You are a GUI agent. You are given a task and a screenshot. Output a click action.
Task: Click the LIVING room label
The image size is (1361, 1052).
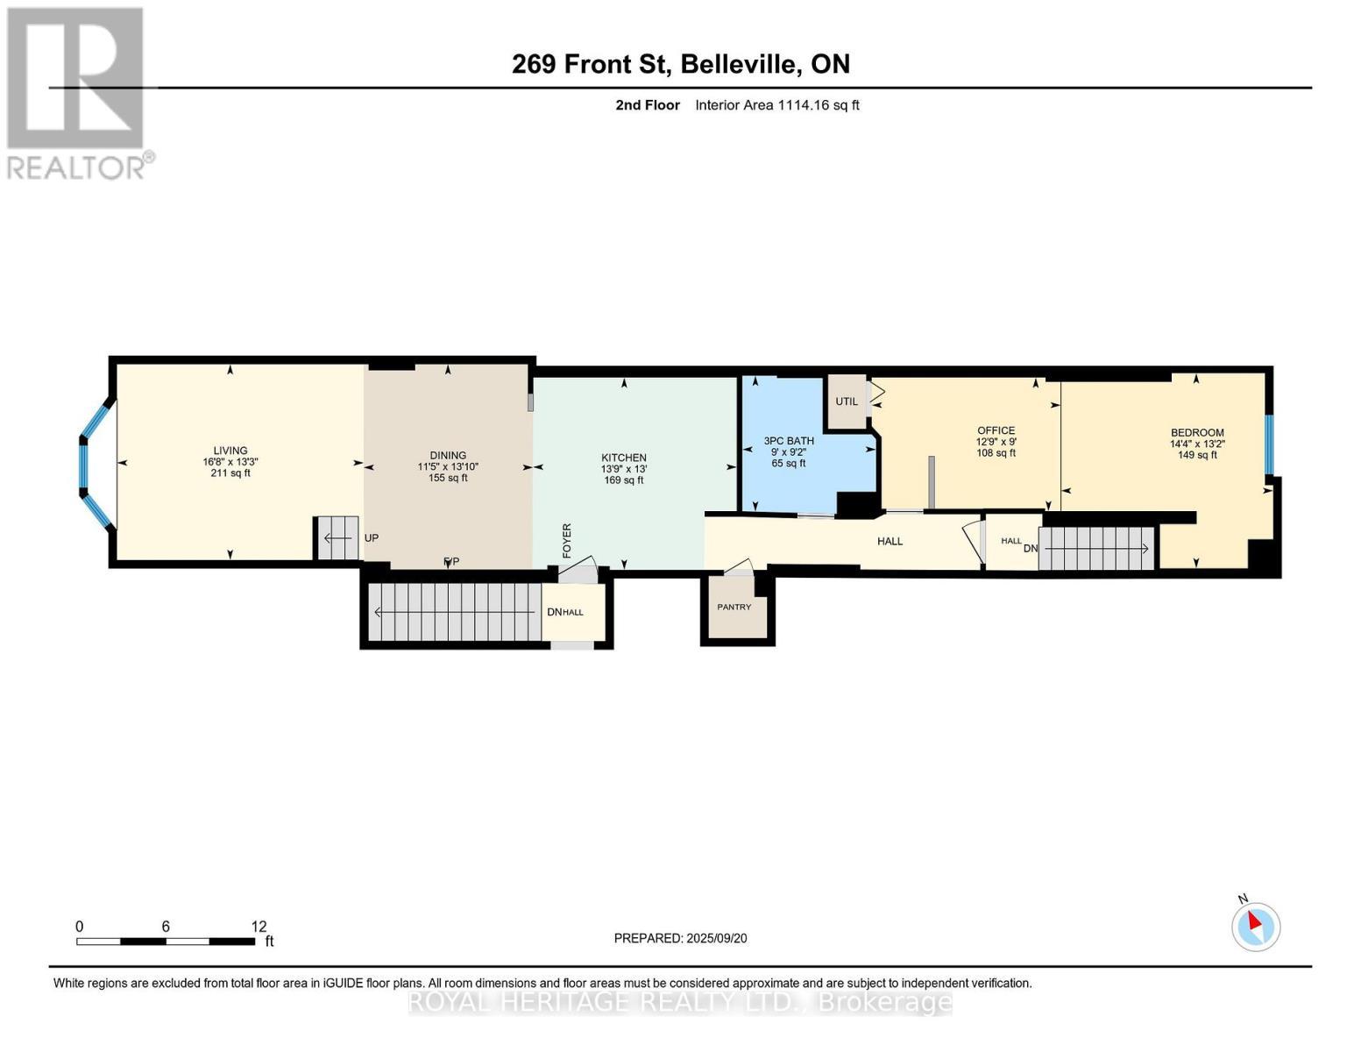point(230,451)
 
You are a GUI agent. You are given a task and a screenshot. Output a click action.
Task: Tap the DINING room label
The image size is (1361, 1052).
point(448,455)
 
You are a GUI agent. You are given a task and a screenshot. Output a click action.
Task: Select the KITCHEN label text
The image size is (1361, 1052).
point(623,458)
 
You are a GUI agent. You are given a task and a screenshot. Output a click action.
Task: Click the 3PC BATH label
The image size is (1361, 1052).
point(789,441)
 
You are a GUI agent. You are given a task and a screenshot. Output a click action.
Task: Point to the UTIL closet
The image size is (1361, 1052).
point(847,402)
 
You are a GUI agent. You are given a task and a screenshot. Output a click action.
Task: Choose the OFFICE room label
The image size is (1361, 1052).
point(996,430)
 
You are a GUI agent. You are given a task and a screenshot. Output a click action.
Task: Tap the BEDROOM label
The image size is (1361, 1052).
point(1197,432)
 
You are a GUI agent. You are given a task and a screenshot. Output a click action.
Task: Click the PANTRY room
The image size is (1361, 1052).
point(734,607)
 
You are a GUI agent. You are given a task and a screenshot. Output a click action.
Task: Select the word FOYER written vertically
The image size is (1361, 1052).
point(567,541)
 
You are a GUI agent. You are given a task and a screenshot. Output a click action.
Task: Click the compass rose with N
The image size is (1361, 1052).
point(1255,927)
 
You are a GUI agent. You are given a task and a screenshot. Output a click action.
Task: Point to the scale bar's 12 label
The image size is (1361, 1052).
point(259,927)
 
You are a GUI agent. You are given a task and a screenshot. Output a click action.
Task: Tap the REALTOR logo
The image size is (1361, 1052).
point(77,92)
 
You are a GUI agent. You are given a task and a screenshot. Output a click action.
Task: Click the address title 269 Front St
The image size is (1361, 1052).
point(680,64)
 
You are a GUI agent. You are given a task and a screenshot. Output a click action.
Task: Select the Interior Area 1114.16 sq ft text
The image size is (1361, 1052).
point(776,105)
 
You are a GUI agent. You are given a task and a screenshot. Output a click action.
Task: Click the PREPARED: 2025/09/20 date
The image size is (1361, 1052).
point(680,938)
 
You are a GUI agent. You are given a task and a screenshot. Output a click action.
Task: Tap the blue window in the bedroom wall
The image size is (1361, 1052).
point(1268,444)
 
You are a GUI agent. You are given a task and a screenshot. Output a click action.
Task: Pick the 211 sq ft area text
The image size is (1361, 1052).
point(230,473)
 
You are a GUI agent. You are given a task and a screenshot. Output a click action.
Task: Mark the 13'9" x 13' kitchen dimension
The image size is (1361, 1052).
point(623,469)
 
